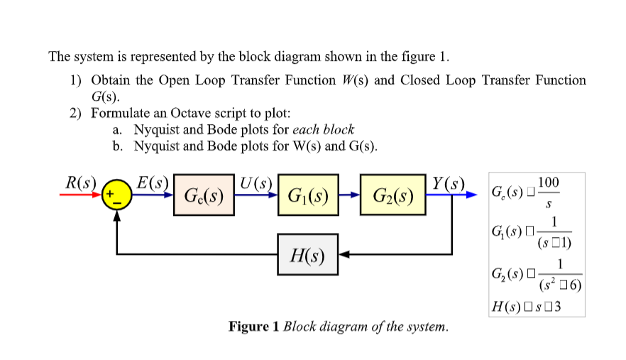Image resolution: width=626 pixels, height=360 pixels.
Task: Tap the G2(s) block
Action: (x=392, y=195)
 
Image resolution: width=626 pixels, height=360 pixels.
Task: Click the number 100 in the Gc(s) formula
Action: (x=549, y=183)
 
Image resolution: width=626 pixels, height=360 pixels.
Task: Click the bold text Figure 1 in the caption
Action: (x=253, y=327)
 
